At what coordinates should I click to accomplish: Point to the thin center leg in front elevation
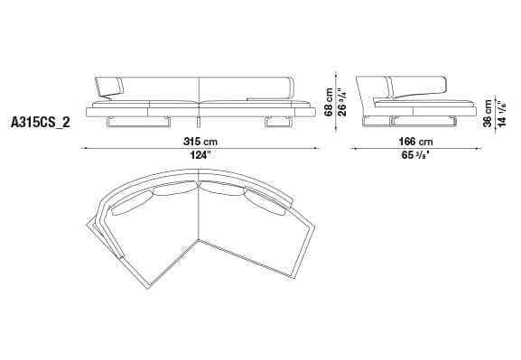[x=196, y=121]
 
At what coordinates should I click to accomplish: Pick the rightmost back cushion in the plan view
[x=268, y=204]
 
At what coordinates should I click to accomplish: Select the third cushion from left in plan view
[x=222, y=189]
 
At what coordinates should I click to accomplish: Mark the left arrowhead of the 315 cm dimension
[x=84, y=147]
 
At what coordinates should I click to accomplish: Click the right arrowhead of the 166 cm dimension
[x=475, y=147]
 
